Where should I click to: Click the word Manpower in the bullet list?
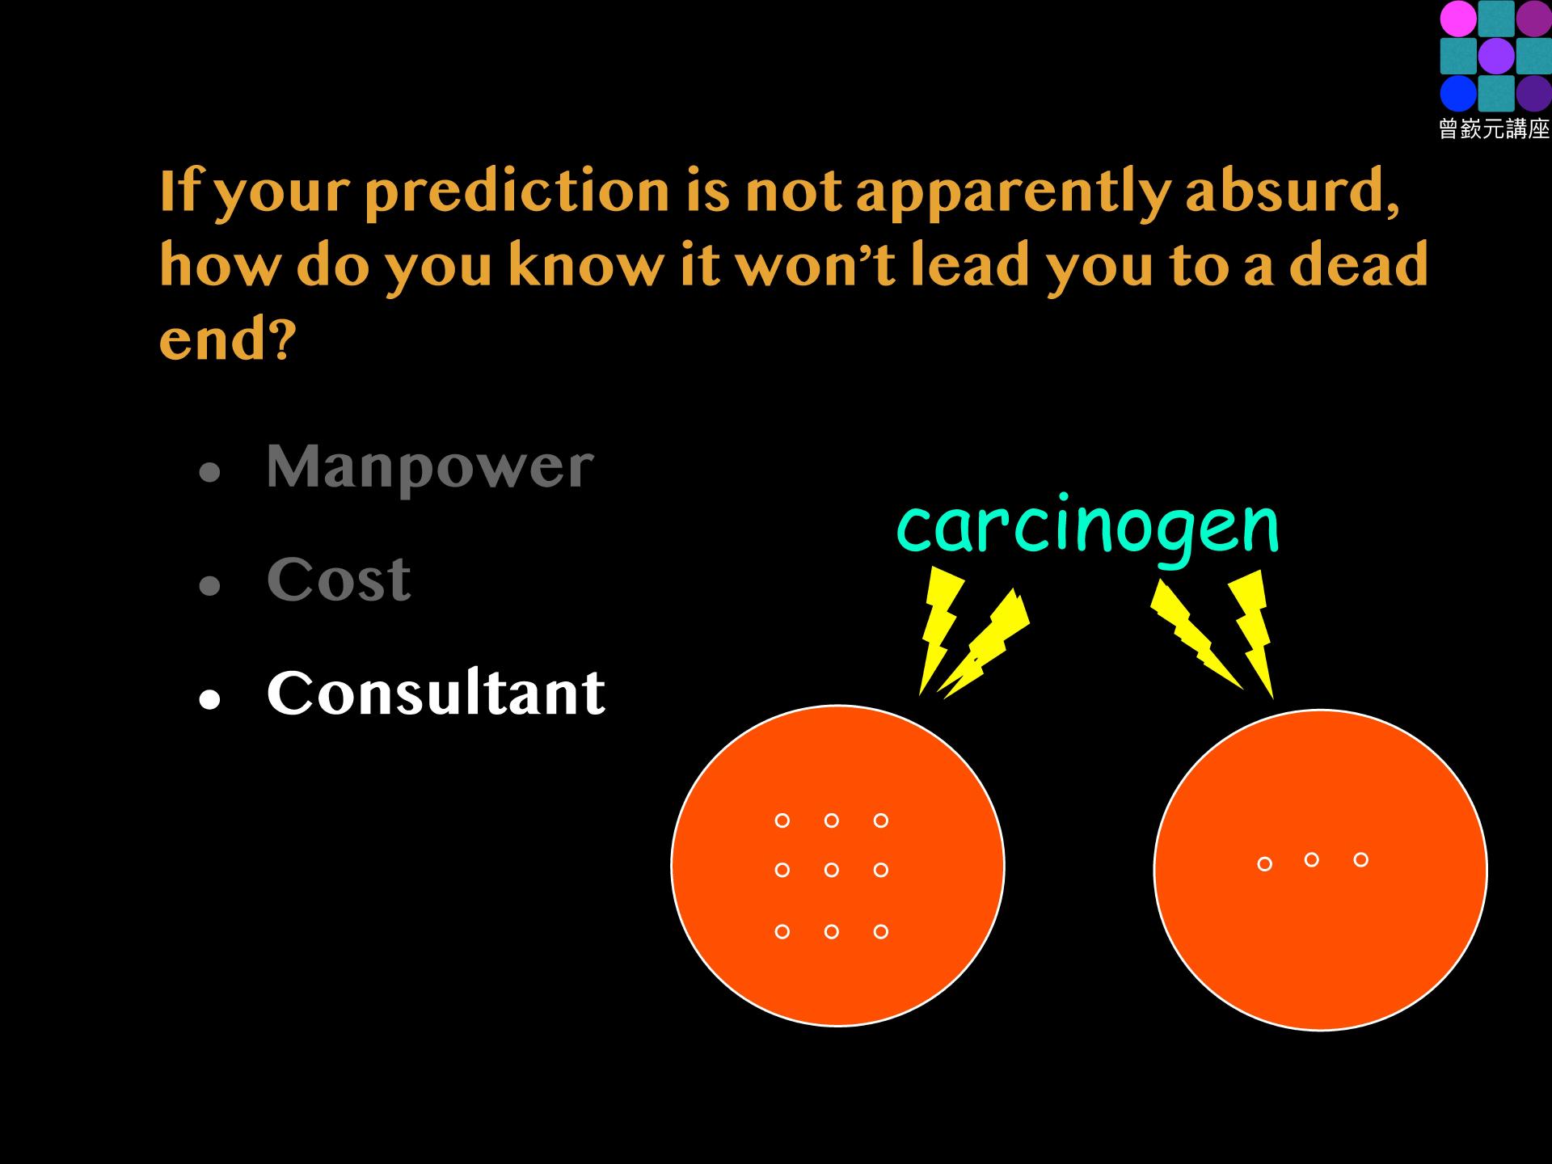click(430, 468)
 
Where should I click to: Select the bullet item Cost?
click(339, 580)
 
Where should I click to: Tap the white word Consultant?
click(436, 693)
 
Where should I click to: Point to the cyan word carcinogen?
click(1088, 527)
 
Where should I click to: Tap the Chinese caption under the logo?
click(1495, 129)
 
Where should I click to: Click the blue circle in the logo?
click(1458, 94)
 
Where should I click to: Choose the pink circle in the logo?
click(1458, 19)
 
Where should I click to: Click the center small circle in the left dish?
click(832, 870)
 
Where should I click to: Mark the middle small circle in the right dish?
click(1312, 859)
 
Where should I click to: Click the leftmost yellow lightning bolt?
click(939, 627)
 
